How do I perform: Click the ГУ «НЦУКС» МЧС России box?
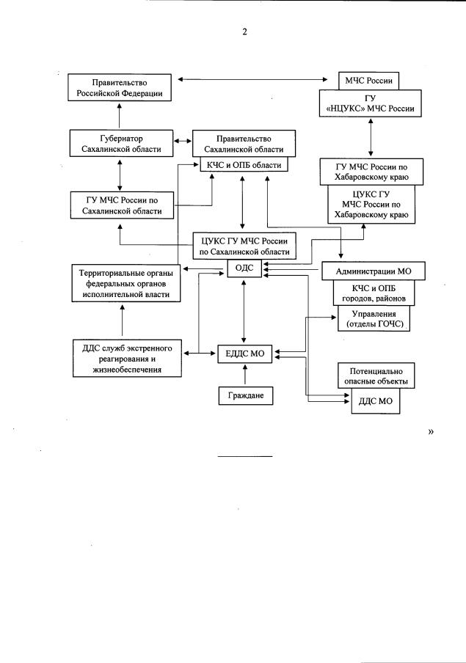pyautogui.click(x=370, y=103)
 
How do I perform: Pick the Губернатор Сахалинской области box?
pyautogui.click(x=122, y=143)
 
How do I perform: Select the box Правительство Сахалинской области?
pyautogui.click(x=244, y=143)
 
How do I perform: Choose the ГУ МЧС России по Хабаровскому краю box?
pyautogui.click(x=371, y=172)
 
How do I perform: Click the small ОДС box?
pyautogui.click(x=244, y=268)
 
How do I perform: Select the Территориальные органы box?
pyautogui.click(x=122, y=283)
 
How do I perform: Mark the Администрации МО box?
pyautogui.click(x=374, y=271)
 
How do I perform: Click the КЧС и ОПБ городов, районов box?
pyautogui.click(x=374, y=293)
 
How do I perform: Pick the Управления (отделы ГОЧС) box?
pyautogui.click(x=374, y=319)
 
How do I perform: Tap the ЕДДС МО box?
pyautogui.click(x=245, y=354)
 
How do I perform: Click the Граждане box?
pyautogui.click(x=245, y=396)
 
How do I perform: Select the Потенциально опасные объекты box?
pyautogui.click(x=374, y=376)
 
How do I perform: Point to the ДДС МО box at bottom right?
pyautogui.click(x=374, y=402)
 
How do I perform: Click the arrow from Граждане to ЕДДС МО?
pyautogui.click(x=245, y=376)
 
